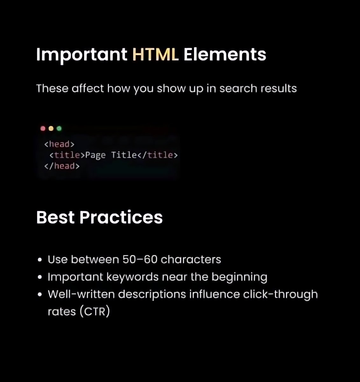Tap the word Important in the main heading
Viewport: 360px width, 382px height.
click(x=82, y=55)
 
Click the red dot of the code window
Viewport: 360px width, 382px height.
click(x=43, y=129)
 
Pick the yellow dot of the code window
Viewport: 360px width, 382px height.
click(x=51, y=129)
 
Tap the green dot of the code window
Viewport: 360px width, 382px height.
click(x=59, y=129)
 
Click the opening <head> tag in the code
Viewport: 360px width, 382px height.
click(x=59, y=144)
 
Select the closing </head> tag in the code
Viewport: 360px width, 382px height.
click(x=62, y=166)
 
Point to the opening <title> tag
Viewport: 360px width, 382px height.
click(x=67, y=155)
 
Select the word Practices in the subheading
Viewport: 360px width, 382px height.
click(x=121, y=217)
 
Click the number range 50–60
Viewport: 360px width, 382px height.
click(x=140, y=259)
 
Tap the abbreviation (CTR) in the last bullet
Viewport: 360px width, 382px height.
click(x=95, y=311)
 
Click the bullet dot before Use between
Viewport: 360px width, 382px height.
click(x=40, y=260)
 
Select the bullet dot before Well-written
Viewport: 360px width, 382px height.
click(x=40, y=294)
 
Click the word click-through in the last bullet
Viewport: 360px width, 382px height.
click(x=280, y=294)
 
